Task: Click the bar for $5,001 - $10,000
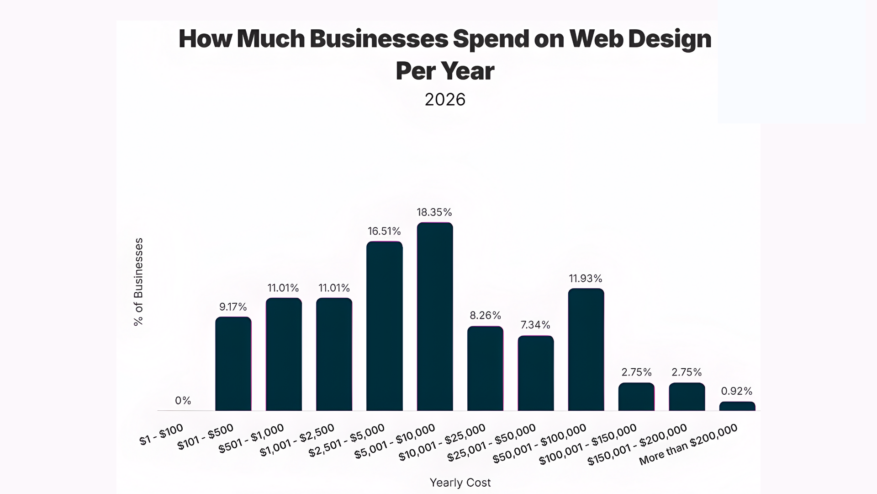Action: click(435, 317)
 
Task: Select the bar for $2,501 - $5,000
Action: click(385, 326)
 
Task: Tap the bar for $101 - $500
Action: click(233, 364)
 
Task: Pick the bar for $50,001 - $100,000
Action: click(586, 349)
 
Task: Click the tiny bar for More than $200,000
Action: click(737, 406)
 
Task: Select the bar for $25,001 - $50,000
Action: click(536, 373)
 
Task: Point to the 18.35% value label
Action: click(434, 212)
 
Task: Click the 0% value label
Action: click(183, 401)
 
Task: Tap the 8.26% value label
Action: click(485, 316)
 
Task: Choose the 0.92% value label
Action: click(736, 391)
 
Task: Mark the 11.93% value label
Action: click(586, 279)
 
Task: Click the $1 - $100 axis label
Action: click(161, 435)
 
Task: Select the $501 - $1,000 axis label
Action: click(251, 439)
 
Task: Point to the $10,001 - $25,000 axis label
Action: click(442, 443)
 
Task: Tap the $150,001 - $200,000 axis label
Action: click(637, 445)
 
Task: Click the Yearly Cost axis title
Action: click(460, 483)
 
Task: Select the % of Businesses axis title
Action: click(138, 282)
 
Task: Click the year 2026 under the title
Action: click(445, 100)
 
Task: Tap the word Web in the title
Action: click(595, 39)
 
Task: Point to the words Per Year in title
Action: click(445, 71)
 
